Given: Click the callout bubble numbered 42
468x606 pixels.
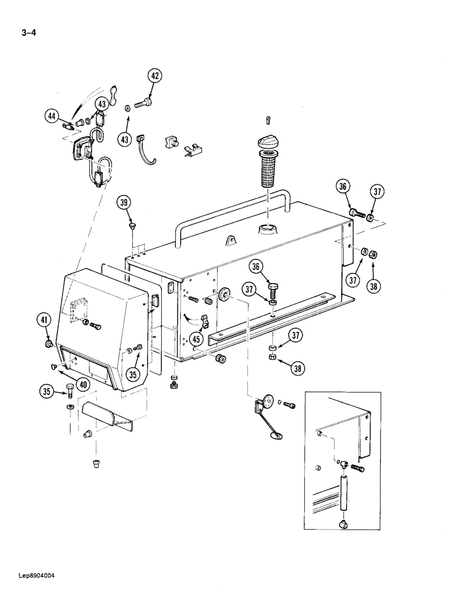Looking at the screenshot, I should (155, 76).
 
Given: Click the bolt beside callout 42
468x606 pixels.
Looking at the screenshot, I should (144, 105).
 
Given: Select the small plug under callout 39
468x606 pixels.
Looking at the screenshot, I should (132, 227).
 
